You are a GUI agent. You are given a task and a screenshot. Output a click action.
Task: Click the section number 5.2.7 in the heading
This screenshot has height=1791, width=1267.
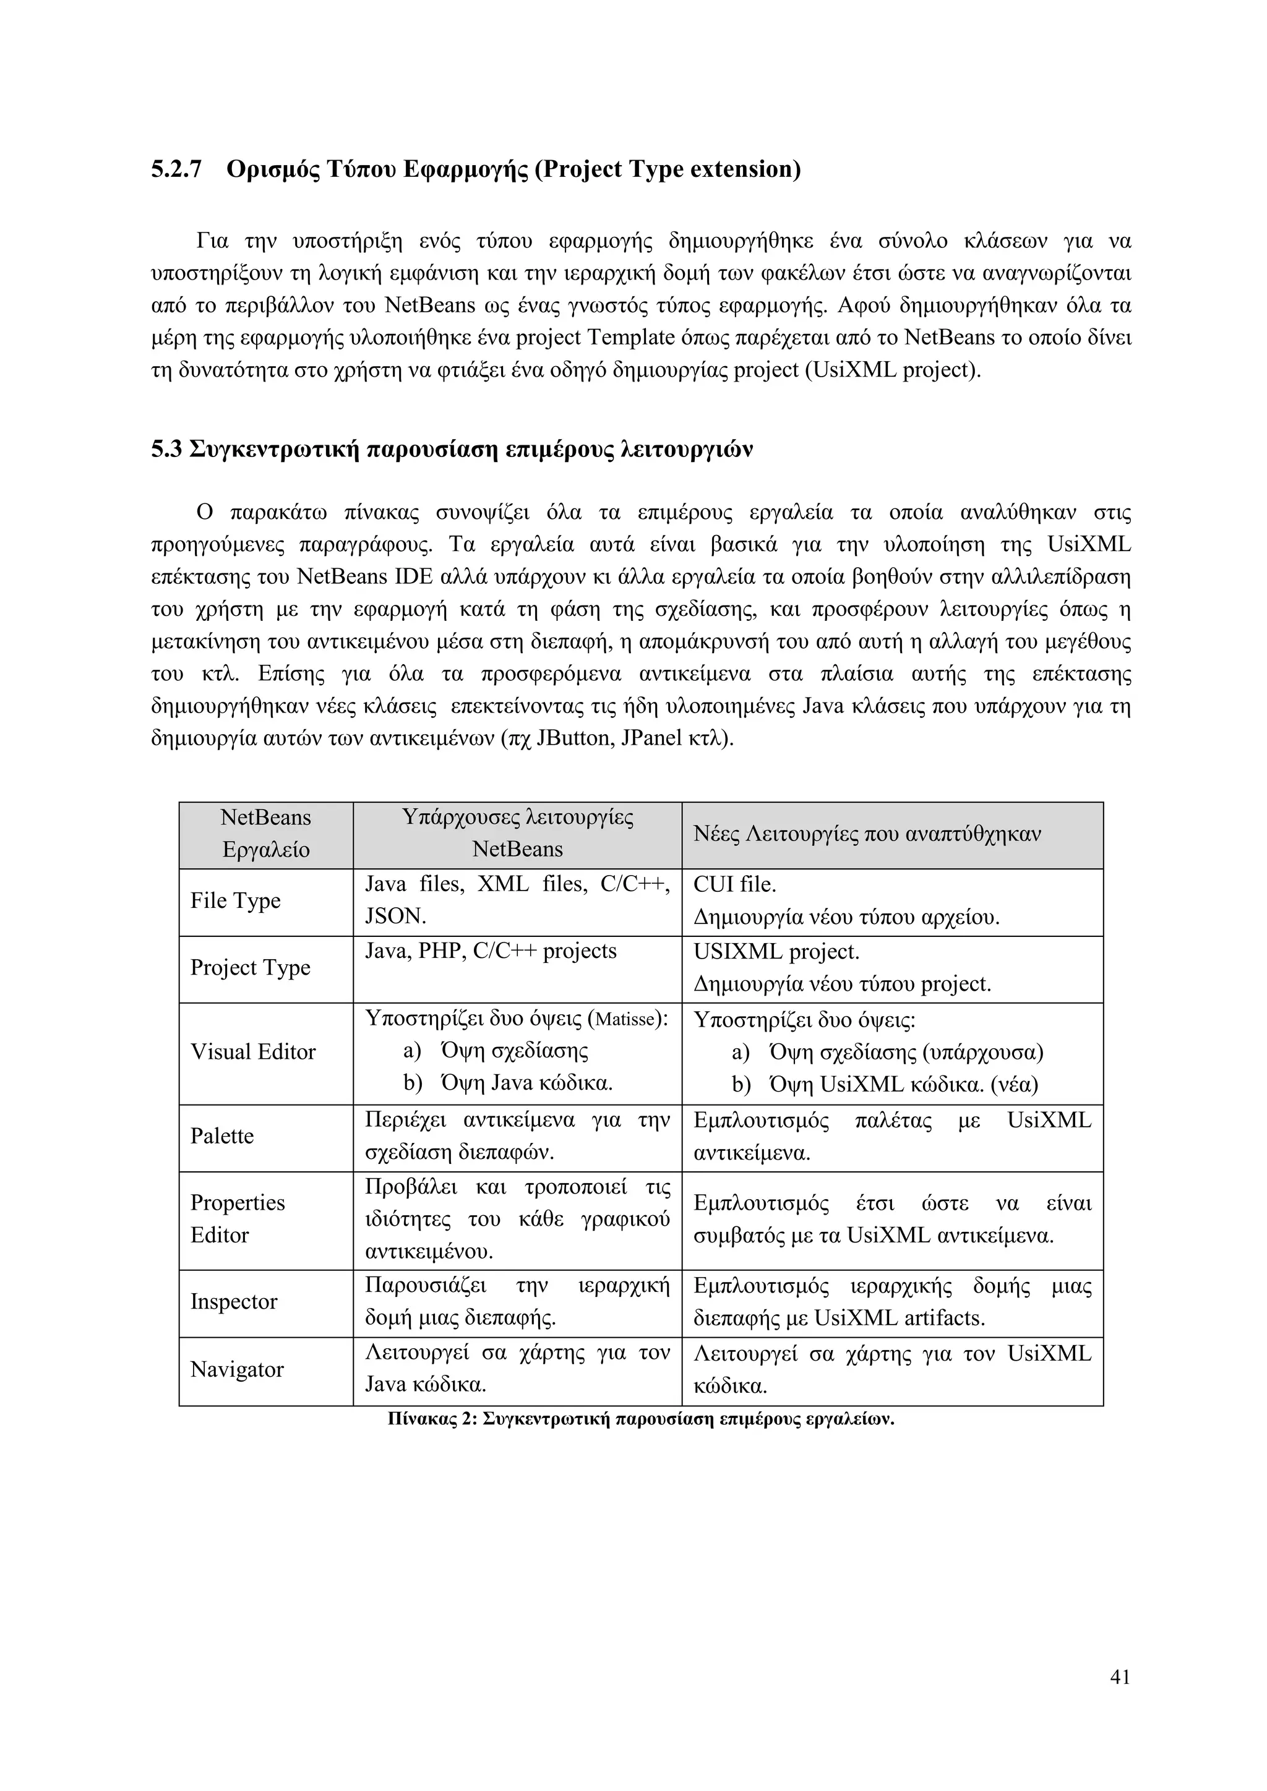176,169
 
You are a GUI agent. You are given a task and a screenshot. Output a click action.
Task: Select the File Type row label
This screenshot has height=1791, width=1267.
235,901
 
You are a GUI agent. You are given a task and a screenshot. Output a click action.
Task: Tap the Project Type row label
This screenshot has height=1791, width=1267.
250,968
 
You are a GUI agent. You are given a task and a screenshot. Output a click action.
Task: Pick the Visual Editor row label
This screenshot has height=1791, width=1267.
253,1053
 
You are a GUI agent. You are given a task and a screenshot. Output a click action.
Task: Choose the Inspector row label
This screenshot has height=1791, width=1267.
233,1302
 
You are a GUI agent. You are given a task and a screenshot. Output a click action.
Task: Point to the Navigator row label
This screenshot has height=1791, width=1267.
236,1370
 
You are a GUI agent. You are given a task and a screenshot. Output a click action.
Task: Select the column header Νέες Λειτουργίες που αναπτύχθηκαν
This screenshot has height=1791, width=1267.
867,835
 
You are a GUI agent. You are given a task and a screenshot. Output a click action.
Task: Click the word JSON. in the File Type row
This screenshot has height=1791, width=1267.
395,917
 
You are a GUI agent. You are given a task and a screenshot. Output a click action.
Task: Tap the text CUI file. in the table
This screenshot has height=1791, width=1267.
734,884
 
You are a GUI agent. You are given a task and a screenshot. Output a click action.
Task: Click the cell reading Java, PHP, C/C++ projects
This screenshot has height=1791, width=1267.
491,952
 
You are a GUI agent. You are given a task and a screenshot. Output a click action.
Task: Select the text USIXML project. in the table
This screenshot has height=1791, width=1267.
776,952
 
